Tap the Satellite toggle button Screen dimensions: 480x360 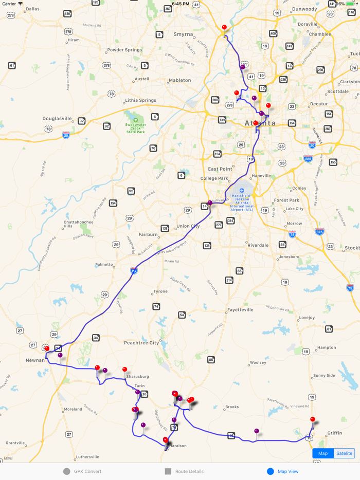pyautogui.click(x=344, y=453)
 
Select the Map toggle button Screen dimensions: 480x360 pyautogui.click(x=323, y=453)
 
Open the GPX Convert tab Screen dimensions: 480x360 pyautogui.click(x=82, y=471)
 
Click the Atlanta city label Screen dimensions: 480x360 pyautogui.click(x=260, y=123)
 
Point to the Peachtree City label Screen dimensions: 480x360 pyautogui.click(x=141, y=343)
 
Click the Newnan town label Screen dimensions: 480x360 pyautogui.click(x=35, y=360)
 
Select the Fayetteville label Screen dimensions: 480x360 pyautogui.click(x=240, y=310)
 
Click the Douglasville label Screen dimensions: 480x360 pyautogui.click(x=57, y=118)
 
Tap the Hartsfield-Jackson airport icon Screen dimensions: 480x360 pyautogui.click(x=242, y=191)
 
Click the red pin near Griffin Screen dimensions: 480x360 pyautogui.click(x=313, y=419)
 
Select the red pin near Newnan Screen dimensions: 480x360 pyautogui.click(x=47, y=349)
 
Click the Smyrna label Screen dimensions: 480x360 pyautogui.click(x=183, y=34)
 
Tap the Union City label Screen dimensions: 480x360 pyautogui.click(x=188, y=226)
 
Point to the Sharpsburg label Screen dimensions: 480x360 pyautogui.click(x=136, y=377)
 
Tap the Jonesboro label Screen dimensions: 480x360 pyautogui.click(x=289, y=256)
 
